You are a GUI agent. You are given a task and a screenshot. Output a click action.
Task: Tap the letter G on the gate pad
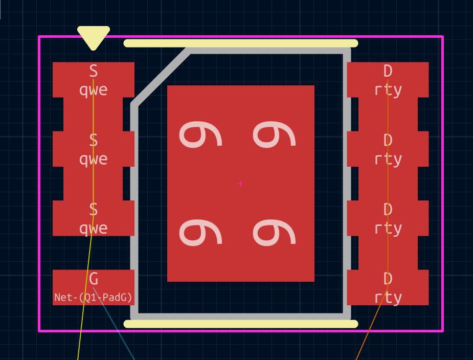pos(94,279)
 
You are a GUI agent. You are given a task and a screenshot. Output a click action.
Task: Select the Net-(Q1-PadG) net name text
pos(93,298)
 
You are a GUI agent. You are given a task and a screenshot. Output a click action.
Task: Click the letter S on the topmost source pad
pos(94,71)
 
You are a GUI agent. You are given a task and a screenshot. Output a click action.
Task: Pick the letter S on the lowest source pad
pos(94,209)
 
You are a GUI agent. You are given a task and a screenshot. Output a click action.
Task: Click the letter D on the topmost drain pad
pos(388,71)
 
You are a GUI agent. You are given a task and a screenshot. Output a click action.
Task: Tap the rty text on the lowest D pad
pos(388,298)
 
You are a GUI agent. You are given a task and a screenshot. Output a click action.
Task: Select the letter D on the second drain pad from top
pos(388,140)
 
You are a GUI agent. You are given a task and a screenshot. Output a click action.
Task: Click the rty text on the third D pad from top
pos(388,229)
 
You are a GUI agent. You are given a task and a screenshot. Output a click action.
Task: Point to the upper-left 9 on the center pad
pos(200,134)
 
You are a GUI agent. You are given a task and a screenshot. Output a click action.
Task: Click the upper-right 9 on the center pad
pos(274,134)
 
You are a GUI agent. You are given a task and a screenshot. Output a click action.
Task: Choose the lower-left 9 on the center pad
pos(200,233)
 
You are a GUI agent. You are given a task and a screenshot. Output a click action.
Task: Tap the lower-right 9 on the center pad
pos(274,233)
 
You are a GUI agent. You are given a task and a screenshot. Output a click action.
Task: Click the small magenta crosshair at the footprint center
pos(240,184)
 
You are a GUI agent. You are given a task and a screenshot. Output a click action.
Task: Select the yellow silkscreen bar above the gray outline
pos(241,43)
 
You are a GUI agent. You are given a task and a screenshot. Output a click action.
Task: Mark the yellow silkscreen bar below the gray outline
pos(241,324)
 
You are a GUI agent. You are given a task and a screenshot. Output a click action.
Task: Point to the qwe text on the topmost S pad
pos(93,90)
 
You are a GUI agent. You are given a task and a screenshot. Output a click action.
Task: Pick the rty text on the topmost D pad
pos(388,90)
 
